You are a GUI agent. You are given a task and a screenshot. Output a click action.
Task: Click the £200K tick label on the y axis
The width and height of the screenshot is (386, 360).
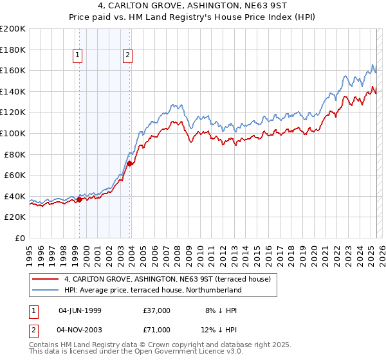click(x=13, y=29)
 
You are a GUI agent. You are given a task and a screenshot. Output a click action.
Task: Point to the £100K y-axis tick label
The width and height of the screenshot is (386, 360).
click(x=13, y=133)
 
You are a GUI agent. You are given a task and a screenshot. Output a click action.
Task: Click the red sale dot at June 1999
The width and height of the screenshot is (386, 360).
click(x=79, y=199)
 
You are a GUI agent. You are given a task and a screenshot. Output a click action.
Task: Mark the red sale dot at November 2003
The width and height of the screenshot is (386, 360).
click(x=130, y=164)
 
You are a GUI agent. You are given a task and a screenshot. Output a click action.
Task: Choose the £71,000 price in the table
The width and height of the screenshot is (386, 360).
click(x=157, y=329)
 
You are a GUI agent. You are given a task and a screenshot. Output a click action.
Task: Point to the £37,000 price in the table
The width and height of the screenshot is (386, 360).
click(x=157, y=310)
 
